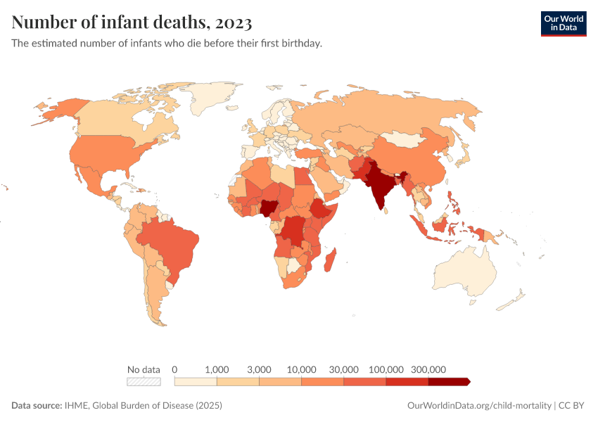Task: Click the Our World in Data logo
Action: tap(563, 23)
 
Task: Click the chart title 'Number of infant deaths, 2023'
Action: tap(132, 23)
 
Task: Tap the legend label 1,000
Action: tap(217, 369)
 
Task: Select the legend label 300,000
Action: tap(428, 369)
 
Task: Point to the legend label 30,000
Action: tap(344, 369)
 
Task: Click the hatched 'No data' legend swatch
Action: tap(144, 381)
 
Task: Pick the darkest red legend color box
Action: tap(448, 381)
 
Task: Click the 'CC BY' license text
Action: tap(573, 406)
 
